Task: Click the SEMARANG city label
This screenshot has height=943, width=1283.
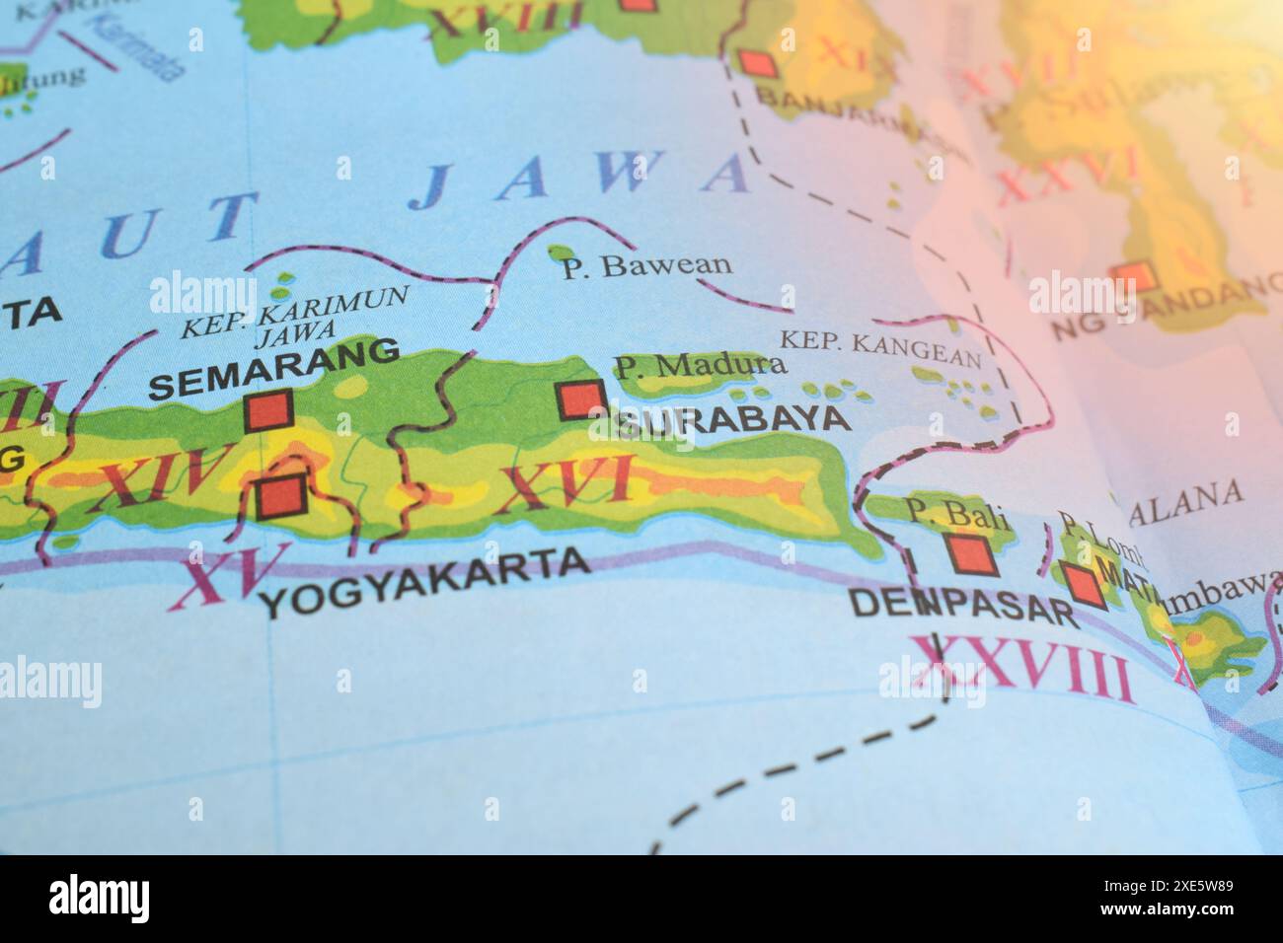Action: click(274, 367)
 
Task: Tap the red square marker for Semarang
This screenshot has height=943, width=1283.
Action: click(268, 410)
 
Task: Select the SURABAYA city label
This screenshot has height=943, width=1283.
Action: click(732, 419)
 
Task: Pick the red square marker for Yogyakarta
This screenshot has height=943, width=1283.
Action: click(278, 497)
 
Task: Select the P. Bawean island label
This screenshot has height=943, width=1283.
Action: click(647, 265)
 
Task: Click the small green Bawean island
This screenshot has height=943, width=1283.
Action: click(561, 254)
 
